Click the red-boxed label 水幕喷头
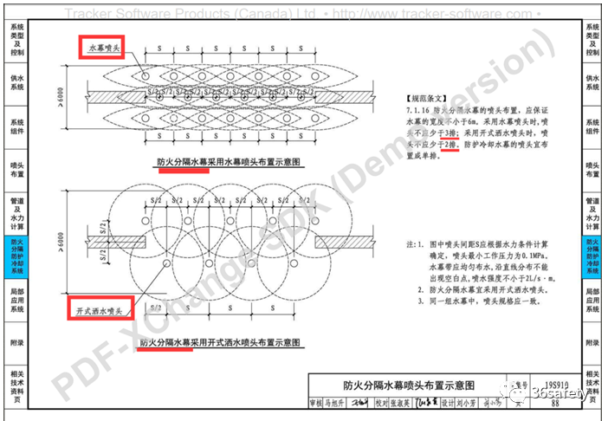point(107,49)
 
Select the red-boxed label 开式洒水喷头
point(98,306)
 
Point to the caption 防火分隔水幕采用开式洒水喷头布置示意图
point(221,342)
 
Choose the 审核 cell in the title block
point(318,403)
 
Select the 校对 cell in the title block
point(380,403)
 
